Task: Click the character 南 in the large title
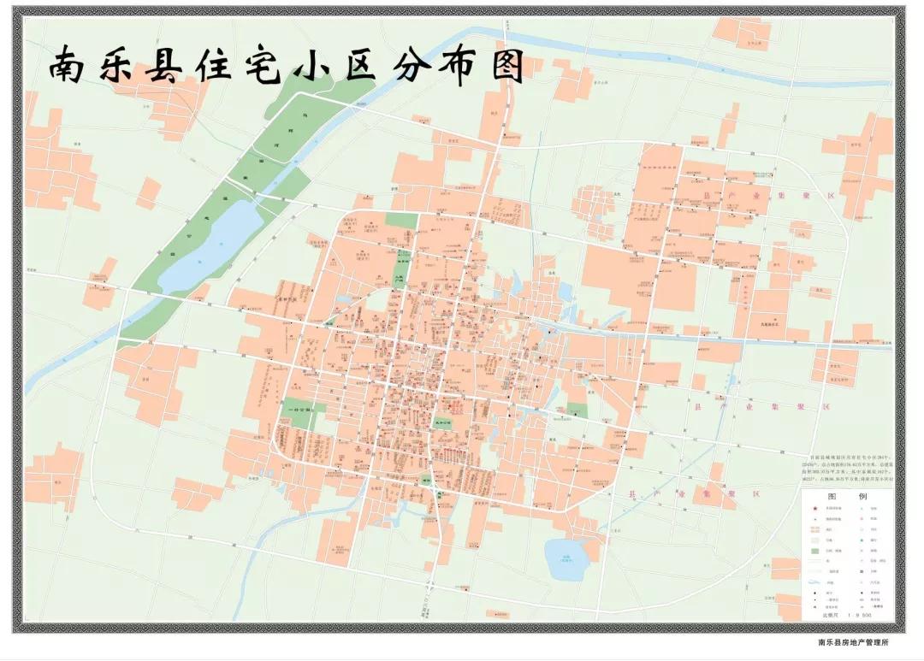72,65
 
